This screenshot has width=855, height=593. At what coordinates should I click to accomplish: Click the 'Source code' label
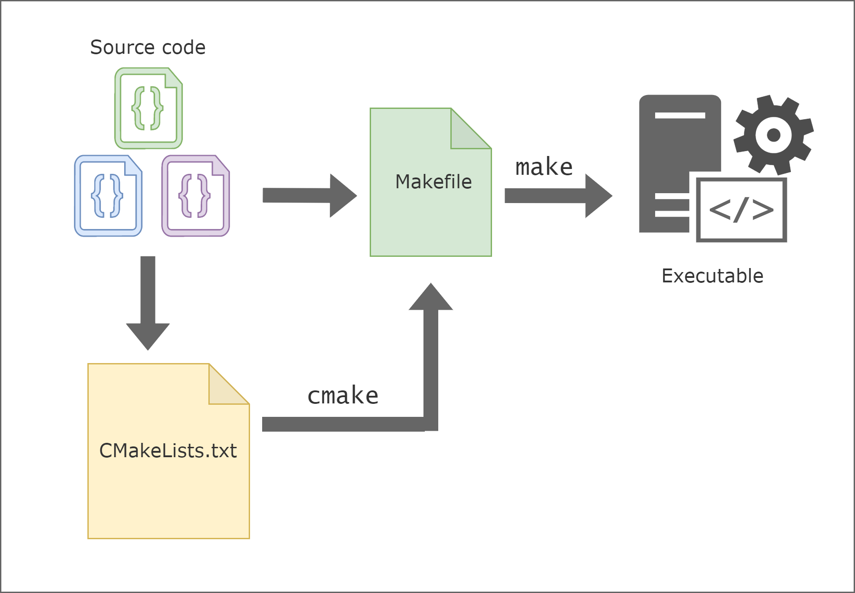(148, 47)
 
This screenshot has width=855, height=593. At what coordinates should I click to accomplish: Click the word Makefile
(433, 182)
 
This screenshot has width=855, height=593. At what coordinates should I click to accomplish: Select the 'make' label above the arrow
(544, 167)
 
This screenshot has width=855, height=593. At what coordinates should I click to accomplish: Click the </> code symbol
(741, 209)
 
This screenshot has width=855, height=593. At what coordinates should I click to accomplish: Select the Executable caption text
(712, 276)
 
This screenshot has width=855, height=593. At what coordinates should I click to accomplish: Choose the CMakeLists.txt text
(168, 450)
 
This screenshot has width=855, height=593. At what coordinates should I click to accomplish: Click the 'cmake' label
(343, 395)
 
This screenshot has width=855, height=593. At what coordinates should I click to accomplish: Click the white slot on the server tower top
(680, 115)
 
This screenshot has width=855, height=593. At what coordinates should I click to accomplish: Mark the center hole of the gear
(773, 134)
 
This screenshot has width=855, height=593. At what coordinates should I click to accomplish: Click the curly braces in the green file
(147, 108)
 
